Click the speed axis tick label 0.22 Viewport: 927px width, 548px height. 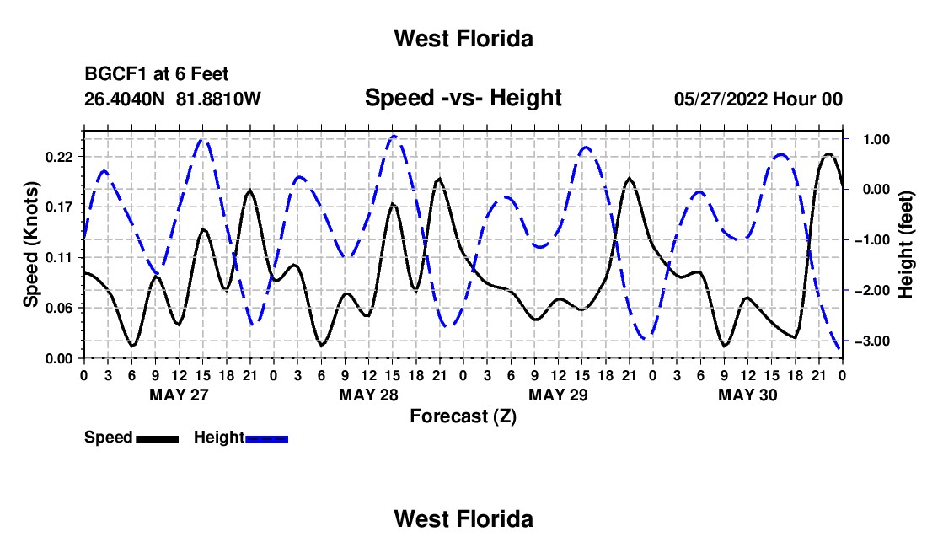pos(59,157)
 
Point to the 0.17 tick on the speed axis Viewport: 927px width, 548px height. pos(59,207)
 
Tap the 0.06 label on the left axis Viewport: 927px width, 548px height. pos(59,308)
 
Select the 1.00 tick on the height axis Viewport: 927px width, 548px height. pos(877,139)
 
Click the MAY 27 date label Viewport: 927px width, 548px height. pos(180,395)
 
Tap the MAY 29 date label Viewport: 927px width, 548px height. pos(558,395)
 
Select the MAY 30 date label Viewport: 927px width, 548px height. pos(747,395)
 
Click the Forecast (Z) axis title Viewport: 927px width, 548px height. pos(463,416)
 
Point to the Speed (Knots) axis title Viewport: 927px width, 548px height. pos(30,244)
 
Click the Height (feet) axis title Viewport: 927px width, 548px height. pos(906,244)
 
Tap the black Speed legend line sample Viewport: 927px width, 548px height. pos(158,438)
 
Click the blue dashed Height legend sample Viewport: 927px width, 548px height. pos(266,438)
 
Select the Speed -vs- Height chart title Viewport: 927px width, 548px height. pos(463,98)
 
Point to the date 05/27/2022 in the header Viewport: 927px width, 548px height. pos(721,99)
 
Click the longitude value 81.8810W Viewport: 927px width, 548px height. pos(218,99)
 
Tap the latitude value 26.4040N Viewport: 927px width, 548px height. pos(125,99)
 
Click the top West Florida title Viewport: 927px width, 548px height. pos(463,39)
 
